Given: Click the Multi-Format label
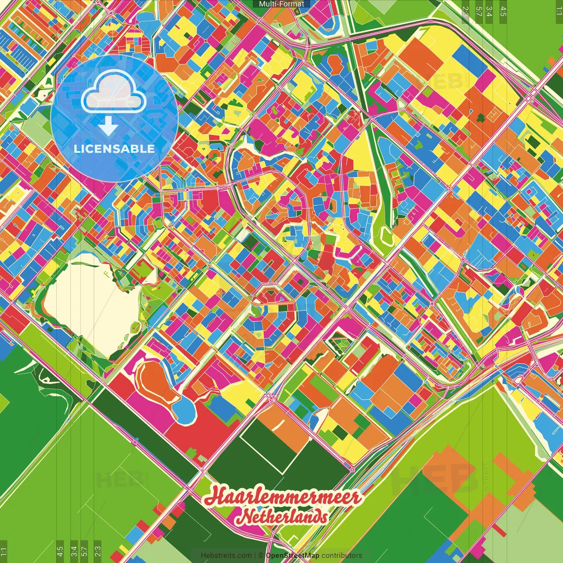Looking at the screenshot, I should [x=281, y=4].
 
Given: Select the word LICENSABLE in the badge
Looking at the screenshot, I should [x=114, y=149].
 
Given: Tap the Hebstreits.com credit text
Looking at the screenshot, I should [x=226, y=556].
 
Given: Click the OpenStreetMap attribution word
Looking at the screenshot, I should [x=292, y=556].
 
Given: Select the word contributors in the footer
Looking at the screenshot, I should [x=342, y=556].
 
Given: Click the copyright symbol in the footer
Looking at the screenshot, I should [x=260, y=556].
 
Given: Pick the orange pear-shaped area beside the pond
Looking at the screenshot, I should [x=156, y=383].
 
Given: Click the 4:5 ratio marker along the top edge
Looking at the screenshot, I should [x=503, y=11].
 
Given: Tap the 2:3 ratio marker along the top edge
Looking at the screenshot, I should [x=465, y=11].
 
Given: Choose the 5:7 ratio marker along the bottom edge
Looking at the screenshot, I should [x=84, y=551].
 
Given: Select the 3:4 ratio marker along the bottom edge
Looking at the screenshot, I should [x=74, y=551].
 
